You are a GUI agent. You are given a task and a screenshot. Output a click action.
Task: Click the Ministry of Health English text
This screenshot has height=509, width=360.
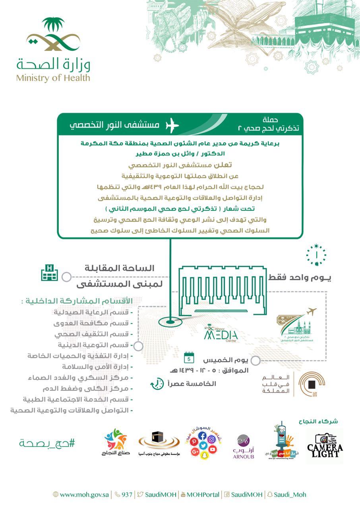[x=53, y=78]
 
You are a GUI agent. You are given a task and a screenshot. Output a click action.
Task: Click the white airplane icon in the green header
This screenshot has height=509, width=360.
[x=172, y=125]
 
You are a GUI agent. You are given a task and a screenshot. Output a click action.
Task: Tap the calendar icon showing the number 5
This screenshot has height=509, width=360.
[x=189, y=358]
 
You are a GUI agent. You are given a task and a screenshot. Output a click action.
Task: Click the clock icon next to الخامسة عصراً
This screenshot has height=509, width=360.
[x=157, y=384]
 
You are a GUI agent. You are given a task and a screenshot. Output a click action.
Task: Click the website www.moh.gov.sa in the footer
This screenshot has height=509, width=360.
[x=81, y=495]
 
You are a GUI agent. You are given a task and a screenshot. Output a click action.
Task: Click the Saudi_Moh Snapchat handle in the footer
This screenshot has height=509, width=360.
[x=286, y=495]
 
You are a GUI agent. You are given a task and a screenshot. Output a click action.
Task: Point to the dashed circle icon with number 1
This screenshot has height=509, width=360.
[x=316, y=255]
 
